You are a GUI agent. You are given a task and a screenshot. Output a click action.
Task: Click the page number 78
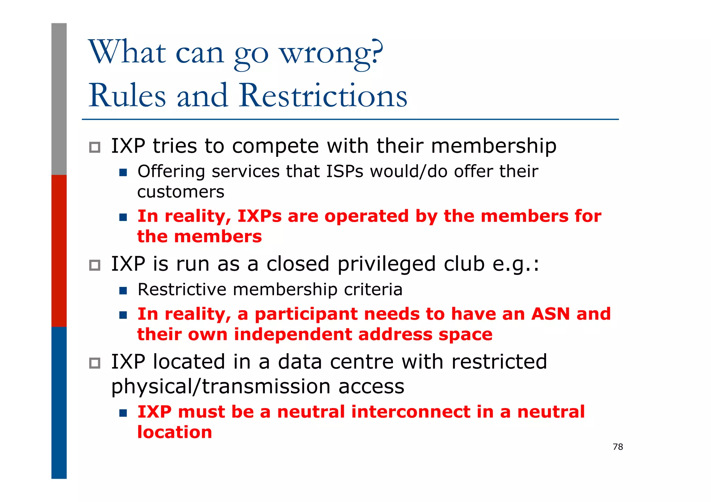(618, 447)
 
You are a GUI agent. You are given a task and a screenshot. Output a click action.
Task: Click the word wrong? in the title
(331, 53)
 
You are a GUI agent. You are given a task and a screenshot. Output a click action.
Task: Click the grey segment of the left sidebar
(59, 99)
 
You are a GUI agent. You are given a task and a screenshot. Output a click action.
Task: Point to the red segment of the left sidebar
(59, 250)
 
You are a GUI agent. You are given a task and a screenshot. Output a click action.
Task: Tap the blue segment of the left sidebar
(59, 402)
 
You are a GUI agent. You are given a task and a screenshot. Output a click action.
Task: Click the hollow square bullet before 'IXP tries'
(94, 147)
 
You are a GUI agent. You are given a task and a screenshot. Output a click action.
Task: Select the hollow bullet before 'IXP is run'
(94, 265)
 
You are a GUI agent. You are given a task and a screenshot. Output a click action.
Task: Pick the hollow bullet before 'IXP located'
(94, 363)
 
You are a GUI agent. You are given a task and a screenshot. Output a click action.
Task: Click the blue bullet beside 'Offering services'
(123, 172)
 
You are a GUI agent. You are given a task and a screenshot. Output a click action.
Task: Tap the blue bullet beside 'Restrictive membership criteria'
(123, 290)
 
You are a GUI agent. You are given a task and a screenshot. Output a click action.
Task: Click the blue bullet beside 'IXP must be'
(123, 413)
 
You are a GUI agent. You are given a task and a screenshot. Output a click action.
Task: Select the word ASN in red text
(550, 314)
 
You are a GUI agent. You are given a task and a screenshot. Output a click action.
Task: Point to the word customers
(181, 192)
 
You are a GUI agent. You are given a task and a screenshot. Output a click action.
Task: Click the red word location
(174, 432)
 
